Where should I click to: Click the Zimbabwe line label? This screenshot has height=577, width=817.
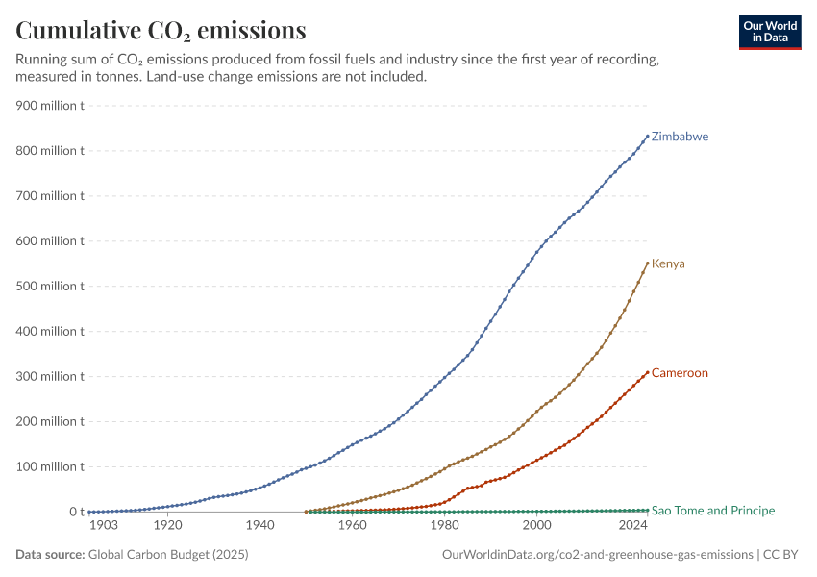click(x=680, y=137)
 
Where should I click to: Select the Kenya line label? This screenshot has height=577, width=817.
click(x=668, y=263)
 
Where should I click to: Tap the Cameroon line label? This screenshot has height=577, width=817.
click(x=680, y=373)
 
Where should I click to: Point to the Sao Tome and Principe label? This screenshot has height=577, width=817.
click(x=713, y=511)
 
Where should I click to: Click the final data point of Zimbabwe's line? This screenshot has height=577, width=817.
click(x=648, y=136)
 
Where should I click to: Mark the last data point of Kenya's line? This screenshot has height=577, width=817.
click(x=648, y=263)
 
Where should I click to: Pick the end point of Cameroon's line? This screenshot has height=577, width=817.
click(x=648, y=372)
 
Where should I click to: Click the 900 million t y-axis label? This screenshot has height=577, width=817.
click(x=49, y=105)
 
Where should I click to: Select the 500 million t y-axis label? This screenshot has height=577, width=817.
click(x=49, y=287)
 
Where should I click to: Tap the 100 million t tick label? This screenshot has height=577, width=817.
click(x=49, y=466)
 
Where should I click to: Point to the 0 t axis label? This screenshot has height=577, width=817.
click(x=77, y=512)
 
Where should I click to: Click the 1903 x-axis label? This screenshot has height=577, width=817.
click(x=104, y=525)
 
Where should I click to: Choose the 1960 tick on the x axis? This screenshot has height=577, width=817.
click(x=352, y=525)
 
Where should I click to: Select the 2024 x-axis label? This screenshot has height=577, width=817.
click(x=633, y=525)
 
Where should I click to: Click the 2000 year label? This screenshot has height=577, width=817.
click(x=536, y=525)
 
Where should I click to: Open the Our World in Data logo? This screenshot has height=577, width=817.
click(x=770, y=33)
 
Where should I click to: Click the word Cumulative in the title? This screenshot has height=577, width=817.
click(x=78, y=30)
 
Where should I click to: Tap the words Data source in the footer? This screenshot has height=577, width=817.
click(x=50, y=554)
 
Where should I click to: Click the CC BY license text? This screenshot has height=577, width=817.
click(x=780, y=554)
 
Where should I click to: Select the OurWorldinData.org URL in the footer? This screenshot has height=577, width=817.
click(x=598, y=555)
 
